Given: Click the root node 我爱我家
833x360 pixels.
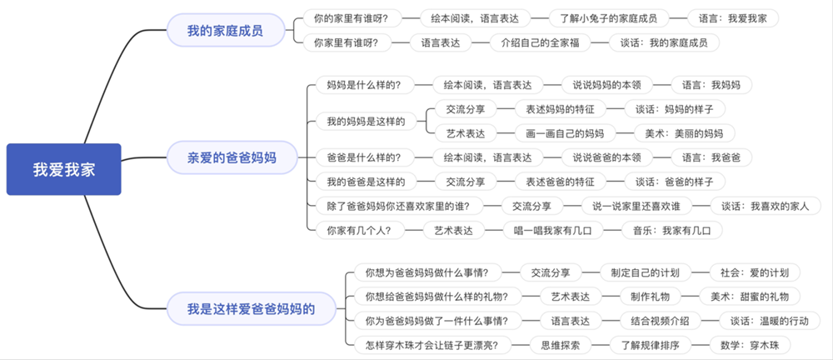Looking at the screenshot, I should point(63,170).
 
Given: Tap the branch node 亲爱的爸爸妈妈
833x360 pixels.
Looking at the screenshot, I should point(232,157).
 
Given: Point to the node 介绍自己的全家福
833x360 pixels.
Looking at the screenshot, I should point(534,42).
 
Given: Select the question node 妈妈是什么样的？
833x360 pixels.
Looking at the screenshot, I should point(364,84).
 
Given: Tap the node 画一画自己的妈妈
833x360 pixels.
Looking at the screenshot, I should point(565,132).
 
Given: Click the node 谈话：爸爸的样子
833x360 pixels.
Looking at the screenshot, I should point(675,182).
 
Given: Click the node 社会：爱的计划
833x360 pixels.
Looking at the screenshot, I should point(755,272).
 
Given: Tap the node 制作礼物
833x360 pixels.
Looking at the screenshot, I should point(651,296).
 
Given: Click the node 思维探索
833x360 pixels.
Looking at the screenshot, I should point(555,345).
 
